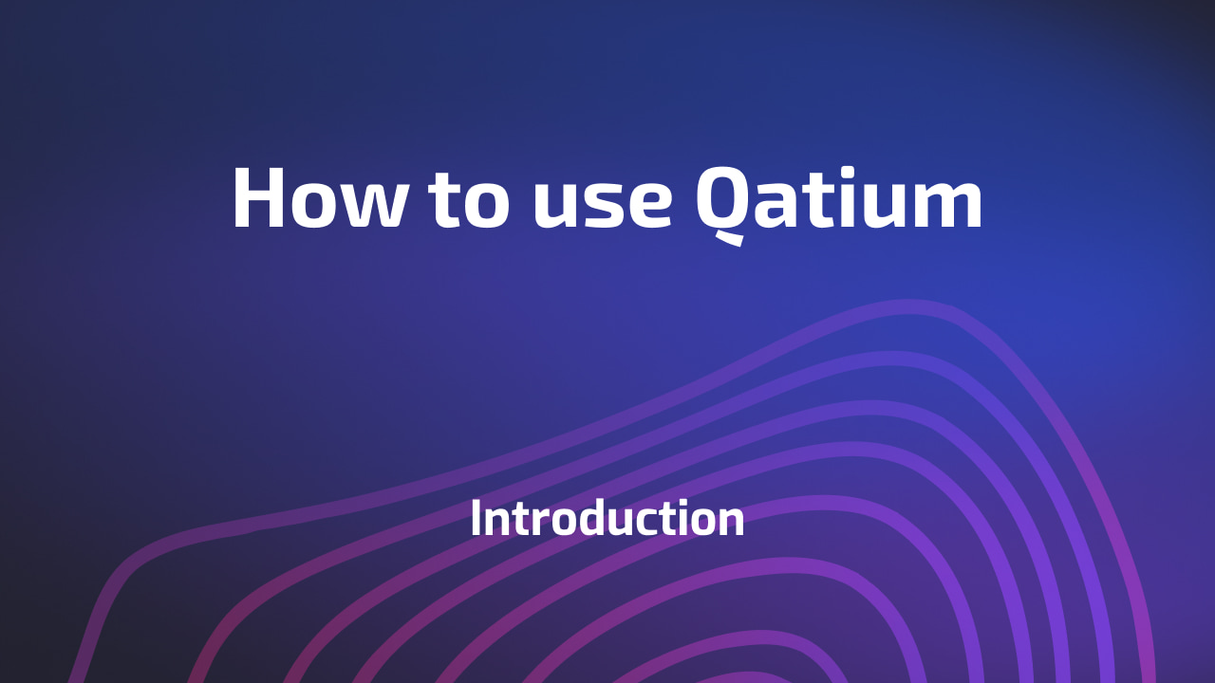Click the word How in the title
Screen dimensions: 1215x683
319,198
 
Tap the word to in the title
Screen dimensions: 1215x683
469,199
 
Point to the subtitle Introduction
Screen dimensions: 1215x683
607,519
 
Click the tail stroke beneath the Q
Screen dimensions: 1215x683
729,238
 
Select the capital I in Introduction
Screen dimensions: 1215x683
476,518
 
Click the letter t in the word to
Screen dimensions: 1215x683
445,199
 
